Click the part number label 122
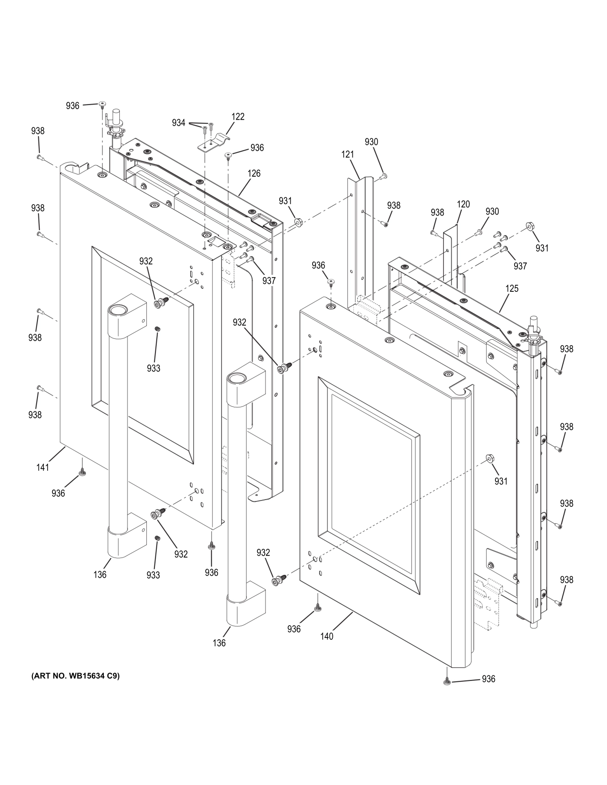(238, 116)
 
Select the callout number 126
(254, 173)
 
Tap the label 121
(347, 154)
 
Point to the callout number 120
(463, 204)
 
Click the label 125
(512, 289)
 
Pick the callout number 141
(43, 467)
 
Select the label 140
(327, 636)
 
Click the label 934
(179, 122)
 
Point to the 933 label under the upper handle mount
(154, 368)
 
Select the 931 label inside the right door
(501, 481)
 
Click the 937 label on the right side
(520, 266)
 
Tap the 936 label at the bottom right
(488, 679)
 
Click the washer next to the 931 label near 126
(299, 222)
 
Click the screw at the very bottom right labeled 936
(446, 682)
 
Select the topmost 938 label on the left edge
(38, 131)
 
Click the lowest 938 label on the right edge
(566, 580)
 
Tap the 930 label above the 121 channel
(371, 142)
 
